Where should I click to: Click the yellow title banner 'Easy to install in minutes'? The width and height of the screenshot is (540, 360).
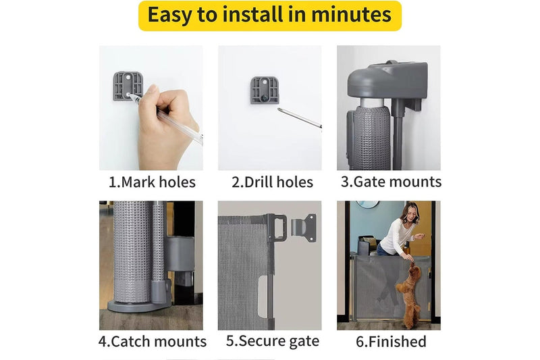269,16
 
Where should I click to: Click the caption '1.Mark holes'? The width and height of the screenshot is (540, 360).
152,182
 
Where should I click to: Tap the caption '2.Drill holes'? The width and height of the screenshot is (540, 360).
272,182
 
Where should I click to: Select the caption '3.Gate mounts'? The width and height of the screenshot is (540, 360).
391,181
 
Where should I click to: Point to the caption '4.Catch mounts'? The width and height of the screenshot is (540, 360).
152,342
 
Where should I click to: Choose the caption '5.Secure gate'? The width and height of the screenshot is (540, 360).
272,341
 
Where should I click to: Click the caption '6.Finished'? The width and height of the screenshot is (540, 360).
391,342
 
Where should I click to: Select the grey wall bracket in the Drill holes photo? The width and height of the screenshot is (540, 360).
264,91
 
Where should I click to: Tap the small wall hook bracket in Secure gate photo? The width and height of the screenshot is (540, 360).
305,226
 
